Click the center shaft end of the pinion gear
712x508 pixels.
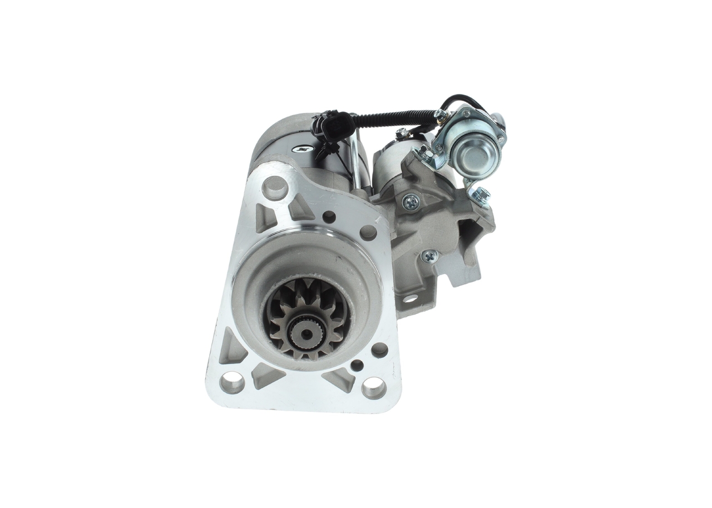[x=306, y=332]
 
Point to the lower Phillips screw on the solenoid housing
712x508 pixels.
[x=429, y=256]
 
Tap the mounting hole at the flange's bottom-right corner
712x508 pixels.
[x=373, y=387]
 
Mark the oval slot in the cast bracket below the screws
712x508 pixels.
[x=410, y=298]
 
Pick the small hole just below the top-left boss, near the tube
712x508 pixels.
[x=329, y=216]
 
